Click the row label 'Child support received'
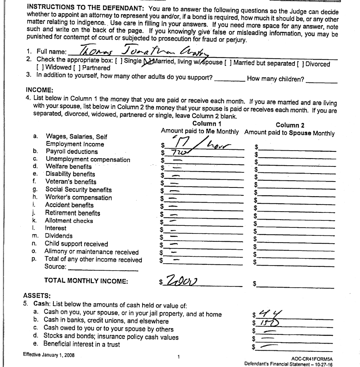click(x=76, y=243)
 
